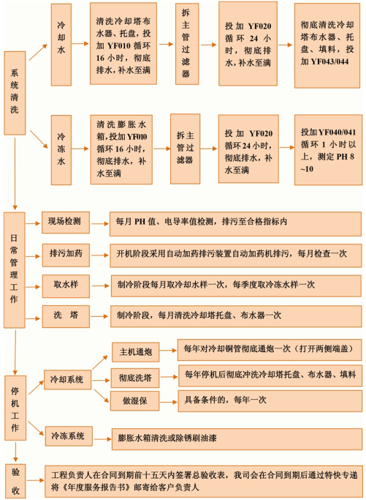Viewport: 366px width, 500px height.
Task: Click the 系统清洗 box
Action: (x=15, y=93)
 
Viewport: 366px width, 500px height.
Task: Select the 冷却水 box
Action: (x=61, y=45)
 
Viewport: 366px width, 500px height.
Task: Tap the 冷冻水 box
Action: (x=61, y=150)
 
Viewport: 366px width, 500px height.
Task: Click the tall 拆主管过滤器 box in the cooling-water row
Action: (x=187, y=44)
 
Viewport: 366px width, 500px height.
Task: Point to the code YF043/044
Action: (x=329, y=61)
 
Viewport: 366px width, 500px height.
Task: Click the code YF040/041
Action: (x=337, y=132)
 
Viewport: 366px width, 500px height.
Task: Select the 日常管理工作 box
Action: (x=15, y=270)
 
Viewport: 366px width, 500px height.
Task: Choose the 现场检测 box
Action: (x=66, y=223)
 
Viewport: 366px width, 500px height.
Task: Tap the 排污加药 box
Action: (x=66, y=255)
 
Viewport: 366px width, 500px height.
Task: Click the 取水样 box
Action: (x=66, y=286)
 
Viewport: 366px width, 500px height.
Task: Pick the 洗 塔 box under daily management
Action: (x=66, y=316)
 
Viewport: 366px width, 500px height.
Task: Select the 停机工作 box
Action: (x=15, y=408)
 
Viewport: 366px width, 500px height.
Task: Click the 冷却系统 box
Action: (x=67, y=379)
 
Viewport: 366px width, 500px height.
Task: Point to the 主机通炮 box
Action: (x=136, y=352)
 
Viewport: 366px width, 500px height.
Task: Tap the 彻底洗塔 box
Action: (x=135, y=378)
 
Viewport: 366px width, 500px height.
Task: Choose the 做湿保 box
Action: (x=135, y=401)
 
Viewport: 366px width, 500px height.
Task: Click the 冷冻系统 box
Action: (x=69, y=436)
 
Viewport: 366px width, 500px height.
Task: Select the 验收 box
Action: (x=15, y=481)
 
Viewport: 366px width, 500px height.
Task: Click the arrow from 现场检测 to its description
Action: (x=100, y=223)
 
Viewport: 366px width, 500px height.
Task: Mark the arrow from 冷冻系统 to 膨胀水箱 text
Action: (x=102, y=439)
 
